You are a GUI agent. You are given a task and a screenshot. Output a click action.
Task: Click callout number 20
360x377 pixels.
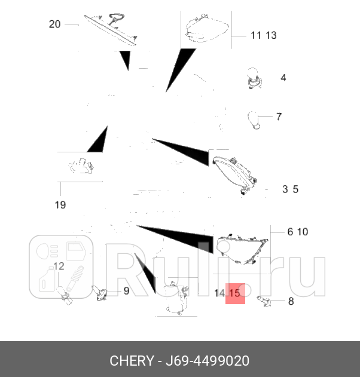click(x=54, y=24)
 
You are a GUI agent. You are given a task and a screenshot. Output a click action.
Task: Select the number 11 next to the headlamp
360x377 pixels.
click(x=256, y=35)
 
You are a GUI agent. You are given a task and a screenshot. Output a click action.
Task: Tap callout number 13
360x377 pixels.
click(x=271, y=35)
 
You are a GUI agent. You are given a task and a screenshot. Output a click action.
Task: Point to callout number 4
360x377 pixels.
click(x=283, y=78)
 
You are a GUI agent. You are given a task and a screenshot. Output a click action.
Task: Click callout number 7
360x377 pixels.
click(x=279, y=117)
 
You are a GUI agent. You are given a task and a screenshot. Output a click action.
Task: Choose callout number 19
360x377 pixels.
click(x=60, y=205)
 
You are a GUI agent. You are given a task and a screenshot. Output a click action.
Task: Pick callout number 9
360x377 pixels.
click(x=126, y=291)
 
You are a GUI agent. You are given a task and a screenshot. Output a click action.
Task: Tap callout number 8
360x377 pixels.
click(x=291, y=301)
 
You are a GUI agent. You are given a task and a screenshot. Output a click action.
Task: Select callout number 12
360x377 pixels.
click(x=59, y=266)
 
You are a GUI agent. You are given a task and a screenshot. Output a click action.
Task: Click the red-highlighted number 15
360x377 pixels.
click(x=234, y=293)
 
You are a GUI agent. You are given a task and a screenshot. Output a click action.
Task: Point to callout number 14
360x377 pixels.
click(x=219, y=293)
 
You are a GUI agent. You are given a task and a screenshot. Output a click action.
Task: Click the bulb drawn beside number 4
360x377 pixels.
click(x=253, y=79)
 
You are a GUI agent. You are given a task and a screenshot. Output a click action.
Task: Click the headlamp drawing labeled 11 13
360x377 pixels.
click(x=206, y=28)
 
